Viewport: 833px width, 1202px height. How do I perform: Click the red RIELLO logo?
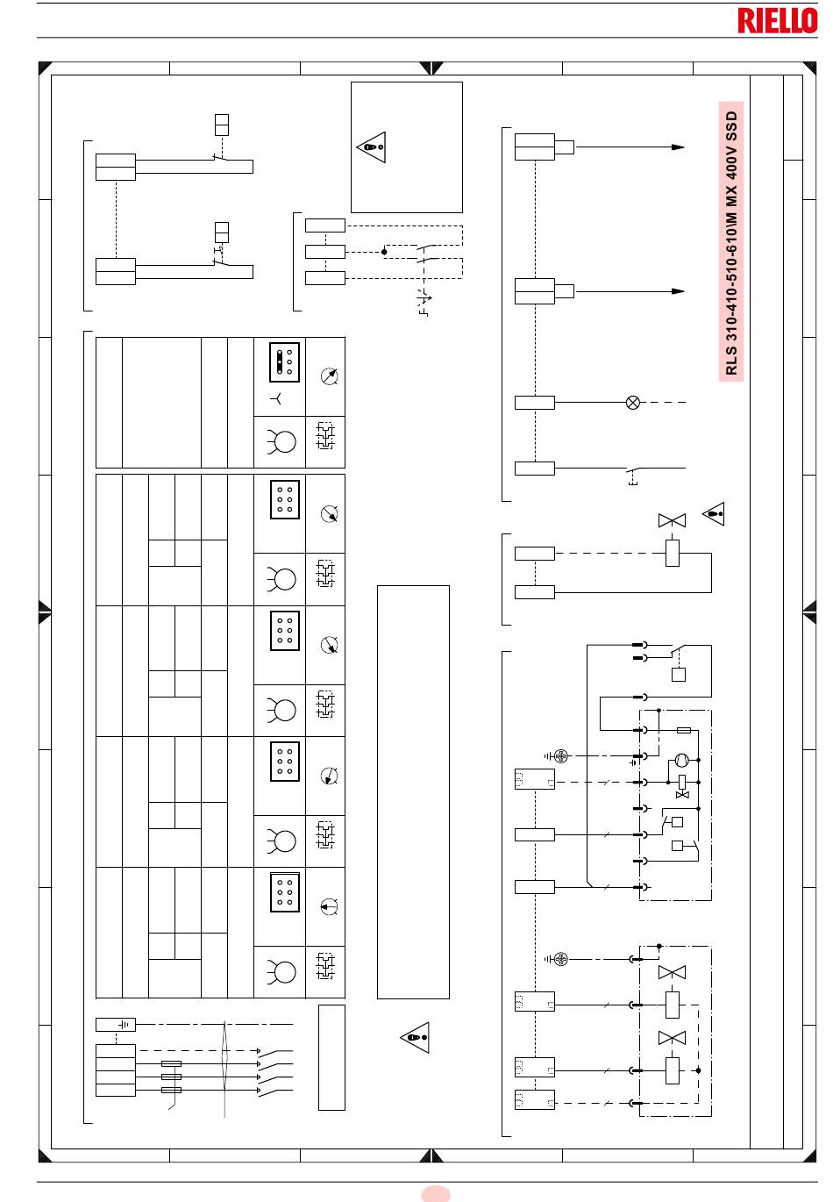coord(777,20)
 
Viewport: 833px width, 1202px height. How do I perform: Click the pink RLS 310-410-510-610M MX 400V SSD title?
coord(731,242)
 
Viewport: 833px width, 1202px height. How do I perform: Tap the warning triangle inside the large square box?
coord(371,147)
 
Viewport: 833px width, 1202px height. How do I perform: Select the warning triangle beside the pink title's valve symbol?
coord(714,513)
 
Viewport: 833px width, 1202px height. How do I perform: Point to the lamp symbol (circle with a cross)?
coord(633,402)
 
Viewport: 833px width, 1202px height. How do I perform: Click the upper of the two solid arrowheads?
coord(679,147)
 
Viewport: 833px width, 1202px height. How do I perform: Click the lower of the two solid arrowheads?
coord(679,291)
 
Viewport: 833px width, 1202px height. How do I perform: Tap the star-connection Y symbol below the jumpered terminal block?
coord(276,398)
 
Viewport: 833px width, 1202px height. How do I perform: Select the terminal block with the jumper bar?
coord(284,361)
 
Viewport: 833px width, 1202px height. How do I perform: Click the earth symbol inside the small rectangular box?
coord(125,1025)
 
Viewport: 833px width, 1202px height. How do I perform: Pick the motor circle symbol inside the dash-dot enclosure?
coord(681,760)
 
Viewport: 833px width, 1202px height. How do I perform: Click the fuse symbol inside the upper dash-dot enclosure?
coord(684,730)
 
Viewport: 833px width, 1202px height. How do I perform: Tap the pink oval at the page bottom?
coord(436,1194)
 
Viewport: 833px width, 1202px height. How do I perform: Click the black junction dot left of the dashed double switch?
coord(384,252)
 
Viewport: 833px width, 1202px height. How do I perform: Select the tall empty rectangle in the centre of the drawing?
coord(413,792)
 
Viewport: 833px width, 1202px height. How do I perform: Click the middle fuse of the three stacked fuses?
coord(171,1077)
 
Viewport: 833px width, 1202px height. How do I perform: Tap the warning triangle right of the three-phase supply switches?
coord(415,1037)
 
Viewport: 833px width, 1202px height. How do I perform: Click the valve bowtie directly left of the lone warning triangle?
coord(672,520)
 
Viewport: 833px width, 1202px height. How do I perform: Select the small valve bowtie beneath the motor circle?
coord(682,795)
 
